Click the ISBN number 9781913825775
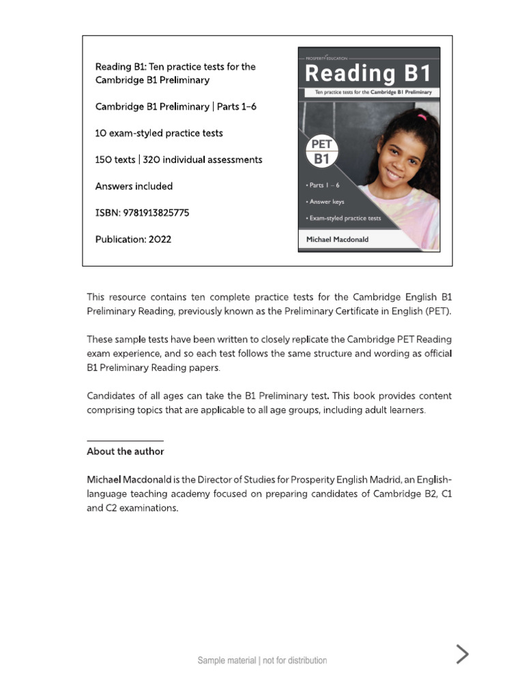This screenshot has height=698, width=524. coord(156,213)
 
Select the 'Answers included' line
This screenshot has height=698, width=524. coord(134,186)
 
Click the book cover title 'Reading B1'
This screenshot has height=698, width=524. coord(368,74)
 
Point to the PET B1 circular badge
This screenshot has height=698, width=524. coord(321,152)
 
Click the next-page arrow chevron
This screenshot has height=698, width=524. coord(462,654)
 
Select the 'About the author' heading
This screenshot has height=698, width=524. coord(126,451)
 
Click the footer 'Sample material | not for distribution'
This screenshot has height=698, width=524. coord(262,661)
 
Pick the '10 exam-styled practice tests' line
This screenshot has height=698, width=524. coord(159,133)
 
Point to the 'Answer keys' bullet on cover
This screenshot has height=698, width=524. coord(328,202)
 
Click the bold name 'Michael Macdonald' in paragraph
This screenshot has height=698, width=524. coord(129,479)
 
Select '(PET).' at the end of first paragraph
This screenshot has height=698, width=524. coord(439,312)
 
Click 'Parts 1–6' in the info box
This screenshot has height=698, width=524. coord(237,106)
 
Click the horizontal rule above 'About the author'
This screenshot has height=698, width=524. coord(125,441)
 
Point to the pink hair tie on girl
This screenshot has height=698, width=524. coord(422,117)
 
